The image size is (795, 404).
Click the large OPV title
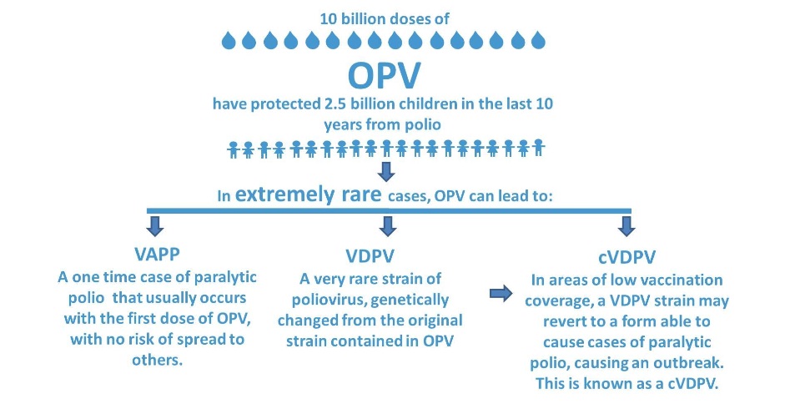click(384, 76)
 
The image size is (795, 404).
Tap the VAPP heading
click(157, 254)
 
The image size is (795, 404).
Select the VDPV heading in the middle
click(370, 256)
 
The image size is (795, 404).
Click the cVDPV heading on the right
click(626, 257)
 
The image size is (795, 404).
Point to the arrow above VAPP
click(154, 226)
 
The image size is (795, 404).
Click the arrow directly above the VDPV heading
click(387, 226)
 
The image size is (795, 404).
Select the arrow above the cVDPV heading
click(626, 226)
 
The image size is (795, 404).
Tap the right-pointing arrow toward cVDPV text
click(501, 293)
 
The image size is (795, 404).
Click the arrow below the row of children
click(386, 172)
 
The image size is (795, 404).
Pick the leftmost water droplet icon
click(229, 40)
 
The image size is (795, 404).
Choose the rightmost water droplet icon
click(538, 40)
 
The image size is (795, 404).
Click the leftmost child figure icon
click(234, 149)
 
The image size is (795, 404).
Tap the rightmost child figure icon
click(538, 148)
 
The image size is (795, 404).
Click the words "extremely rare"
click(309, 194)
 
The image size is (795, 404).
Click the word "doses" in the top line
click(402, 19)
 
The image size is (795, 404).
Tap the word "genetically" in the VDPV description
click(410, 300)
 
